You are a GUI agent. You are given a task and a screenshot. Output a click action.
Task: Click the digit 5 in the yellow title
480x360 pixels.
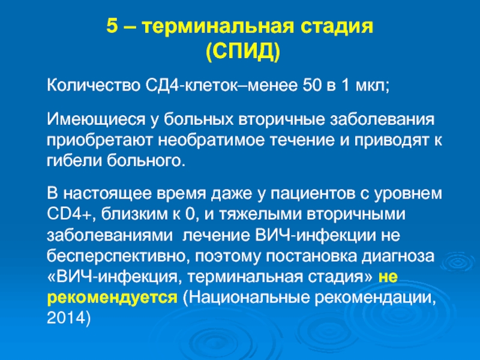pos(112,26)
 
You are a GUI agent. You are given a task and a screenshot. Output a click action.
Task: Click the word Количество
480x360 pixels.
pos(94,85)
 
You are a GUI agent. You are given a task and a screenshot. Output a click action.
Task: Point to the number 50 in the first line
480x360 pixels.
pos(312,86)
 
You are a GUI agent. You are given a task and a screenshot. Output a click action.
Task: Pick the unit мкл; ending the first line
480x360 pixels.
pos(372,86)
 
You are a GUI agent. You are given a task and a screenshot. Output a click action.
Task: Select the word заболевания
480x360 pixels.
pos(382,119)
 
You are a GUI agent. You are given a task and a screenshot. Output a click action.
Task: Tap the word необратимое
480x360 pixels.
pos(211,140)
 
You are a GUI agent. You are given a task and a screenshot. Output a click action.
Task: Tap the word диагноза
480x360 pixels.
pos(398,257)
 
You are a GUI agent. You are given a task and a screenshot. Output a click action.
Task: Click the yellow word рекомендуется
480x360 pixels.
pos(112,298)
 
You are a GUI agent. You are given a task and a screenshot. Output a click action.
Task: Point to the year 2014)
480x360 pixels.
pos(69,318)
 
